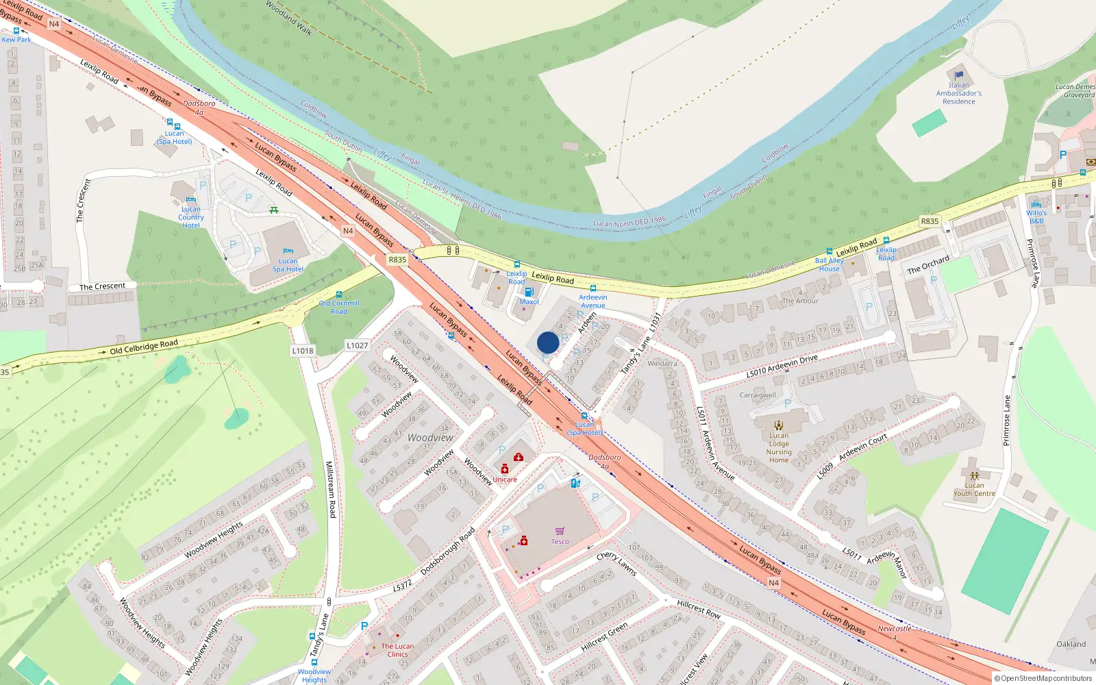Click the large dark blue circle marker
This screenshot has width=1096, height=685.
point(548,342)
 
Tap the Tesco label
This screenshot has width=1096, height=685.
point(560,541)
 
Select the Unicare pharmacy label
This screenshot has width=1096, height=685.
point(505,480)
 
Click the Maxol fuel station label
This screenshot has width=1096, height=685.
point(529,301)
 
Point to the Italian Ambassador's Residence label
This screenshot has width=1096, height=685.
point(959,94)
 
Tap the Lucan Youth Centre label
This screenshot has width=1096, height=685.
point(974,489)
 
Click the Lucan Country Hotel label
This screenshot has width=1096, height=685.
point(191,217)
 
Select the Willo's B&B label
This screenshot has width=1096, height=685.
point(1036,217)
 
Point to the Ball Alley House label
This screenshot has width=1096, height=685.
point(829,264)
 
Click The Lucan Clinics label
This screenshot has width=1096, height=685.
point(397,650)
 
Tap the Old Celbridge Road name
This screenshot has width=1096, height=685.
point(144,347)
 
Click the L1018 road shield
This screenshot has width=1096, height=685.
point(303,351)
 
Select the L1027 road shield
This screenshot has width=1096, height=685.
point(357,346)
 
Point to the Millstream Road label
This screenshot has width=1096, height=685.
point(330,489)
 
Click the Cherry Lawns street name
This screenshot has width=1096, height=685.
point(616,563)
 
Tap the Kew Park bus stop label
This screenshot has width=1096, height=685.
point(16,40)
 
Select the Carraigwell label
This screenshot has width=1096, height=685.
point(758,395)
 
